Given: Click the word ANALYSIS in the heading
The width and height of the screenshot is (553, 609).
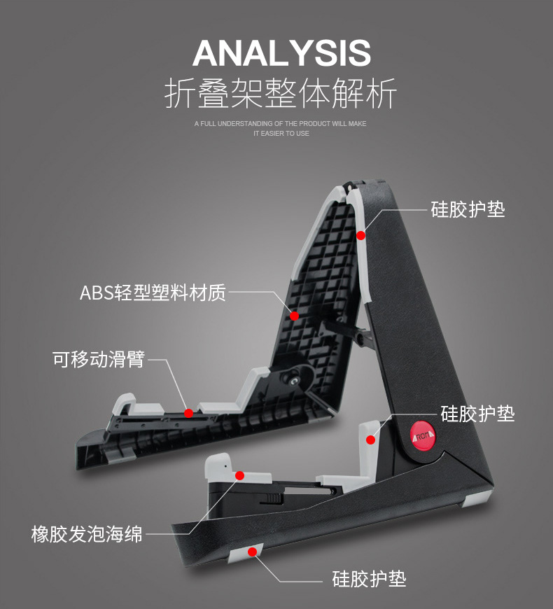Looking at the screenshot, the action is click(x=281, y=53).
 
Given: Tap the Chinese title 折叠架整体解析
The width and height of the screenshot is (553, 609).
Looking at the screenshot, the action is click(x=281, y=93).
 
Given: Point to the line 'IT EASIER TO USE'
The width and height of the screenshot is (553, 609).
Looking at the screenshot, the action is click(x=281, y=133).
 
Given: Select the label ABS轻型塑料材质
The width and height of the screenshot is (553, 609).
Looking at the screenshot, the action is click(x=153, y=293).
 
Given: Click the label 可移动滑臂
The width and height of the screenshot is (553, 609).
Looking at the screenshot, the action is click(x=99, y=360).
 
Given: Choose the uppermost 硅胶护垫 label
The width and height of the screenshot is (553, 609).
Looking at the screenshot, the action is click(x=468, y=209).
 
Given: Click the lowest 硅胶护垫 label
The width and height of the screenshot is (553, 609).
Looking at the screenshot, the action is click(x=369, y=580).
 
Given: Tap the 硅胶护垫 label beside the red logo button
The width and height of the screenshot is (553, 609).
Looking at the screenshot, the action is click(x=477, y=414).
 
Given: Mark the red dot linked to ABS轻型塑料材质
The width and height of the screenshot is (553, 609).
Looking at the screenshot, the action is click(x=295, y=316).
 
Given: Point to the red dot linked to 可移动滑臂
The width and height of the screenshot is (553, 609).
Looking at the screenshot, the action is click(x=188, y=413).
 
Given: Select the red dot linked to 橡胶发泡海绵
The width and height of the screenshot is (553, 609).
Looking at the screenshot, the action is click(x=239, y=475).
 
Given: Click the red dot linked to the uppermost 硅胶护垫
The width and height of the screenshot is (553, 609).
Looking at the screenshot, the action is click(x=361, y=235).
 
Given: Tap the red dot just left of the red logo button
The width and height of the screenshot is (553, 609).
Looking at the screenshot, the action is click(x=371, y=440).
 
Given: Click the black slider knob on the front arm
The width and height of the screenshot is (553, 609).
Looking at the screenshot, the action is click(x=272, y=498).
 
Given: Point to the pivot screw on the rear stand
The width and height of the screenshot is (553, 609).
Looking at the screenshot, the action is click(x=293, y=379).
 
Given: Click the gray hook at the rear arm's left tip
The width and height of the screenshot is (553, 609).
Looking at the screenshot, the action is click(x=122, y=404).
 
